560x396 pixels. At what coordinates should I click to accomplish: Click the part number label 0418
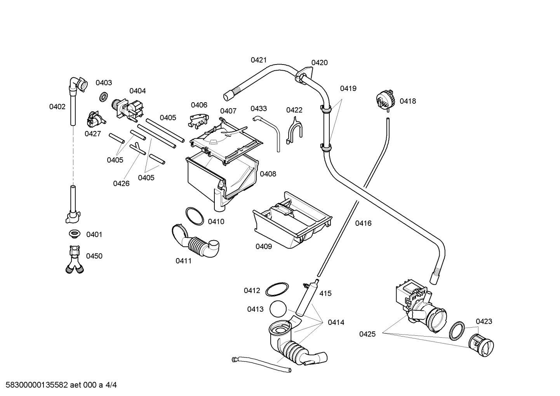pos(408,101)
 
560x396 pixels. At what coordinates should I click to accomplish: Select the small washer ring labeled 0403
pos(103,96)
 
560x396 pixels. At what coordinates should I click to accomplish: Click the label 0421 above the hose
pos(259,60)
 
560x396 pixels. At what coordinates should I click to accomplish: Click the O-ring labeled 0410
pos(194,216)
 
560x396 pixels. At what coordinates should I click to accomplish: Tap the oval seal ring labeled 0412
pos(277,290)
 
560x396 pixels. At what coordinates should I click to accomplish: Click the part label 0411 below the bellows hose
pos(184,261)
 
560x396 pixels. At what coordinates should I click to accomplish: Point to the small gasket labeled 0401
pos(74,234)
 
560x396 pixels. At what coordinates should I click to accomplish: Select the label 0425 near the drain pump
pos(367,334)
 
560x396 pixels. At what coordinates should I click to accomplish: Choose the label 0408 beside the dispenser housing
pos(268,174)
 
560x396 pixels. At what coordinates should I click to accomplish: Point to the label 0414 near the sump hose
pos(336,322)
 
